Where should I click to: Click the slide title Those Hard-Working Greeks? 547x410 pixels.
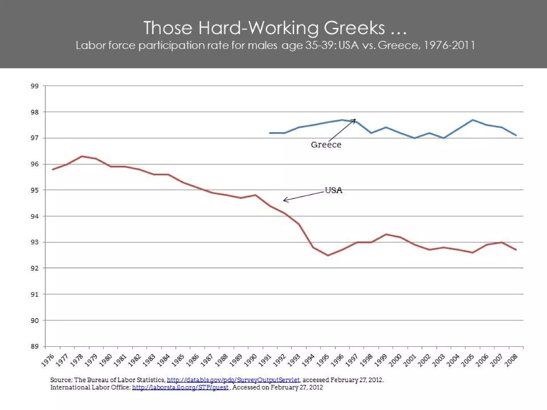(x=275, y=28)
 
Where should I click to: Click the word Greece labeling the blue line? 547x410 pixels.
(x=326, y=145)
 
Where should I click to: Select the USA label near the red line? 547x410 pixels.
(x=333, y=190)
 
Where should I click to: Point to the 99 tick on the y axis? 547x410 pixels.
(x=35, y=86)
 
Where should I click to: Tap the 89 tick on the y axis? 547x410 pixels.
(x=35, y=346)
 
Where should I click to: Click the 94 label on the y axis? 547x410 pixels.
(x=35, y=216)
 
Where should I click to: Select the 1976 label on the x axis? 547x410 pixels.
(x=48, y=360)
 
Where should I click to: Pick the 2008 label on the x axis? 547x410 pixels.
(x=511, y=360)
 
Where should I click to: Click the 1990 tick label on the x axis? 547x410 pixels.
(x=251, y=360)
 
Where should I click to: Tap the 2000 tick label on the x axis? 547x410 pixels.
(x=396, y=360)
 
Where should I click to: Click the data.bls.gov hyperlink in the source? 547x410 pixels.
(x=233, y=380)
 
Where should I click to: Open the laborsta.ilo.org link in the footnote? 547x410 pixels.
(x=180, y=387)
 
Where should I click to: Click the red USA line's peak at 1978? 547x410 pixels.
(x=82, y=156)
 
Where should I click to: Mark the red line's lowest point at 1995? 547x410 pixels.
(x=328, y=255)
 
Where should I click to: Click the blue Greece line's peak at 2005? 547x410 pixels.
(x=473, y=120)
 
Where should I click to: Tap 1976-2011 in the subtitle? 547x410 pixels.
(x=449, y=45)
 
